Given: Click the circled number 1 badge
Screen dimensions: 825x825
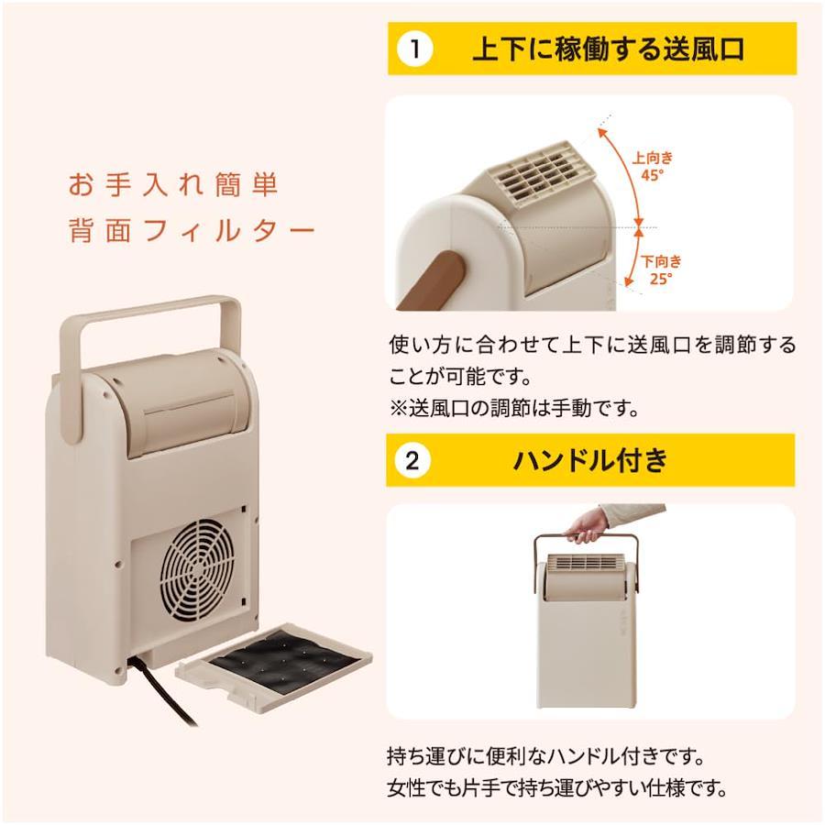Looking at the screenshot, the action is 415,49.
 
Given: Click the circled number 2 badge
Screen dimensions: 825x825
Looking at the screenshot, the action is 412,461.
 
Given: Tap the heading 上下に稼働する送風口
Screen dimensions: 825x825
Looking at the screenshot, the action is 609,49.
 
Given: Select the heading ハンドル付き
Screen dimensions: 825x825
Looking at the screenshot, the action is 590,460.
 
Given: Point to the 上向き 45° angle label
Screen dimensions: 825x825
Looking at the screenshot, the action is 653,166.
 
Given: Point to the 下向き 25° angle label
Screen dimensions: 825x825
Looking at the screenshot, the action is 661,269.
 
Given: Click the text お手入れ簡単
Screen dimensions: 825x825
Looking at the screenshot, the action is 173,184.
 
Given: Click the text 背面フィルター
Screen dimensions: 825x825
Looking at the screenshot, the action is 192,230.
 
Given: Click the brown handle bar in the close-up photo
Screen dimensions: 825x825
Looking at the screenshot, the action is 432,280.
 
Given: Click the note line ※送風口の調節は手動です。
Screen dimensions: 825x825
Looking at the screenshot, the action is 514,408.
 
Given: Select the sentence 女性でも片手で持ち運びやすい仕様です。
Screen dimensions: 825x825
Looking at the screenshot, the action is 557,788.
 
